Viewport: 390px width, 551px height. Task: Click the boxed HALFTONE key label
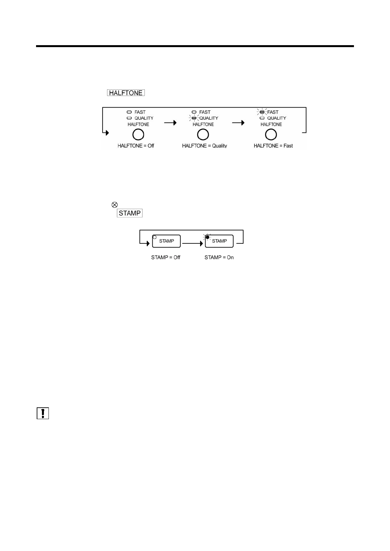(126, 93)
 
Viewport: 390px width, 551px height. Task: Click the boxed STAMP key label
(130, 213)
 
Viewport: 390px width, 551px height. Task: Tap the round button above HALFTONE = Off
(138, 134)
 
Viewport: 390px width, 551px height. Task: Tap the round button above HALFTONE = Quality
(203, 134)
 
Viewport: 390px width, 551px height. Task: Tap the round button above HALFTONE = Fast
(271, 134)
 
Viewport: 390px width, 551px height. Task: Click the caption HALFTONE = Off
(136, 146)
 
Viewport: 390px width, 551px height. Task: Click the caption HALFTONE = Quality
(205, 146)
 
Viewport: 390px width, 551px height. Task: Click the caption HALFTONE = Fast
(273, 146)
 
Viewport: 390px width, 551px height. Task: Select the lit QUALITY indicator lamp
(194, 118)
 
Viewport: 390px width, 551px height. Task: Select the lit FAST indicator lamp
(262, 112)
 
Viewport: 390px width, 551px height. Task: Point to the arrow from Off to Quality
(170, 123)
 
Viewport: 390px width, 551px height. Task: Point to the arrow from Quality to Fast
(238, 123)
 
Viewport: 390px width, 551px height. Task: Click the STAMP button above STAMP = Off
(166, 241)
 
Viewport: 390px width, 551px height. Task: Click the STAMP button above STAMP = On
(219, 241)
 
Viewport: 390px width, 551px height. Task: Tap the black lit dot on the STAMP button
(207, 237)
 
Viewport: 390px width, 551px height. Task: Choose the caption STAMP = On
(219, 258)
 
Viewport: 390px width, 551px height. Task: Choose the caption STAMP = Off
(166, 258)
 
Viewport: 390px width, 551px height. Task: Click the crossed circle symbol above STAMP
(114, 205)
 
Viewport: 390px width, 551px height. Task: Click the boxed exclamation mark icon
(43, 413)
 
